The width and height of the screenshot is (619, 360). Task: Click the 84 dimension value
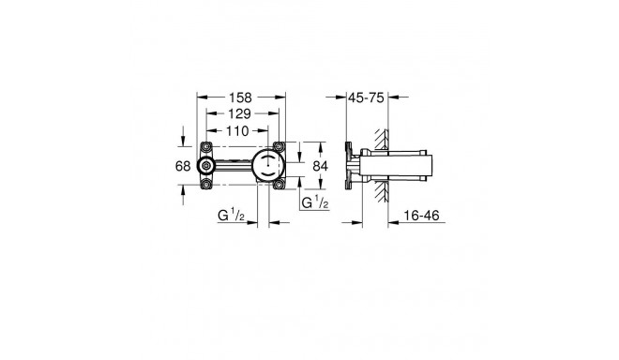tap(319, 166)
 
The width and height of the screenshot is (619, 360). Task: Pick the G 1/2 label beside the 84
tap(314, 202)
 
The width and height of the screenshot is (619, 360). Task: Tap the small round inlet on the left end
tap(207, 166)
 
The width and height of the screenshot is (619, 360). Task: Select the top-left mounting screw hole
tap(207, 146)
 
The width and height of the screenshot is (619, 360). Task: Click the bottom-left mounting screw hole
tap(207, 186)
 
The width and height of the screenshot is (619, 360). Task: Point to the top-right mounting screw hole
tap(279, 146)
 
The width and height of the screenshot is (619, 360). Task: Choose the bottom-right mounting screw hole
tap(279, 186)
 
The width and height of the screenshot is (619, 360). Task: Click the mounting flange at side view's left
tap(350, 166)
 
